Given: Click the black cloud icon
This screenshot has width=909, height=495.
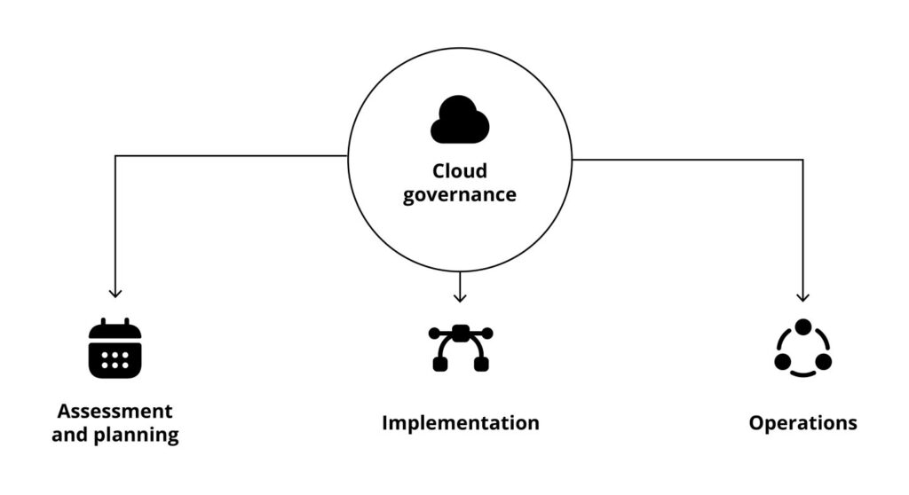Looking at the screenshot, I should [459, 121].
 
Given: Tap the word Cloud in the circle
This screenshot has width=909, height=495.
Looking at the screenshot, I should [459, 170].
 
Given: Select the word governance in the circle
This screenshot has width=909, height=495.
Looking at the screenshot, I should [459, 193].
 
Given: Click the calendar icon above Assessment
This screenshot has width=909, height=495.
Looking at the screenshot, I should [115, 349].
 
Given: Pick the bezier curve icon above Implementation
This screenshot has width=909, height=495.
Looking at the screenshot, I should [460, 348].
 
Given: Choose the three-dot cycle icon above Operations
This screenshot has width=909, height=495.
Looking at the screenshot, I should [802, 349].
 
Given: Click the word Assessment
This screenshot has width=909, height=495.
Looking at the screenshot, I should [115, 412].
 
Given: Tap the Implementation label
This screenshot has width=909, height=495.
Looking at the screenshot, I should [460, 423].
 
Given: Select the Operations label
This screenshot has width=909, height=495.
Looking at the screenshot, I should [802, 423].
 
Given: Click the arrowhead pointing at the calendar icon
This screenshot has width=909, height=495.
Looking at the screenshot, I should [115, 293].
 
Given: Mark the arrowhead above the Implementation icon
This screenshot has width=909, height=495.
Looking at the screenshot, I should [459, 297].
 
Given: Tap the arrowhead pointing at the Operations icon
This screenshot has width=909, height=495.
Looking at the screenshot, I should [803, 297].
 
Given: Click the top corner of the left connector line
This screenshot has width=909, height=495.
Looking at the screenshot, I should [115, 156].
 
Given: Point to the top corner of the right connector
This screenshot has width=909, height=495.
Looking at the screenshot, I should [803, 160].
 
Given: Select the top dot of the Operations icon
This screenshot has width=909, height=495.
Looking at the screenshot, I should [803, 327].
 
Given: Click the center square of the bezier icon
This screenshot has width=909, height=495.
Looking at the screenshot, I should [460, 333].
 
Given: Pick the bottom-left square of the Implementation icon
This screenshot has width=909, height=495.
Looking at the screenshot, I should [439, 365].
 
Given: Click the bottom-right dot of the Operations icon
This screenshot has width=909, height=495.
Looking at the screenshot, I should [824, 361].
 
